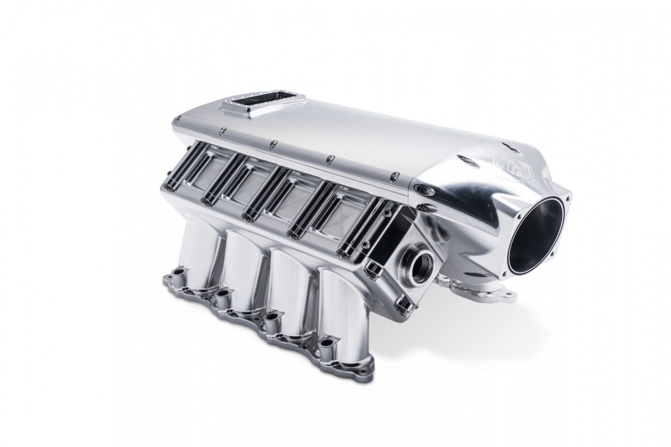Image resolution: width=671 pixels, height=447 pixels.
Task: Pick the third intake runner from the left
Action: tap(291, 291)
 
